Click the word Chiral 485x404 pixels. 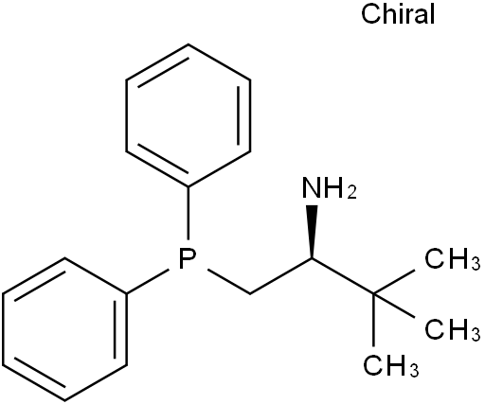click(x=398, y=14)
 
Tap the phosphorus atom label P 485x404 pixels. click(x=188, y=259)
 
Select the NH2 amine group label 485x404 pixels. click(x=330, y=188)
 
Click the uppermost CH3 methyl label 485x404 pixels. click(x=452, y=258)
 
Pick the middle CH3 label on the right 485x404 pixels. click(x=452, y=329)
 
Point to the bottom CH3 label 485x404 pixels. click(x=391, y=365)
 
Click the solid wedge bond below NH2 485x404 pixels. click(x=312, y=232)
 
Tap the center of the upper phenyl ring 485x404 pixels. click(x=189, y=115)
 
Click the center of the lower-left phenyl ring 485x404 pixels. click(x=64, y=329)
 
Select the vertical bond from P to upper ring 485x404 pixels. click(x=189, y=213)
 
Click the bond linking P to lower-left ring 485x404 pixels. click(x=147, y=282)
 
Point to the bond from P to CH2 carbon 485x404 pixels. click(x=228, y=282)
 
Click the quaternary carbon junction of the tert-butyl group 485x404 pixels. click(x=374, y=294)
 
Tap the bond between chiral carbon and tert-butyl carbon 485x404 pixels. click(x=343, y=276)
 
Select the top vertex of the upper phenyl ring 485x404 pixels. click(x=189, y=44)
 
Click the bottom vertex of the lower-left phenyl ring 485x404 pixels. click(x=64, y=400)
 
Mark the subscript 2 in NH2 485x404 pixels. click(x=351, y=192)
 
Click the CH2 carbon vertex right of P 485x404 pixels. click(x=250, y=294)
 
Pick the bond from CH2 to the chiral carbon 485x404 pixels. click(x=281, y=276)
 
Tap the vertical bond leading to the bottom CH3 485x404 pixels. click(x=374, y=320)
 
